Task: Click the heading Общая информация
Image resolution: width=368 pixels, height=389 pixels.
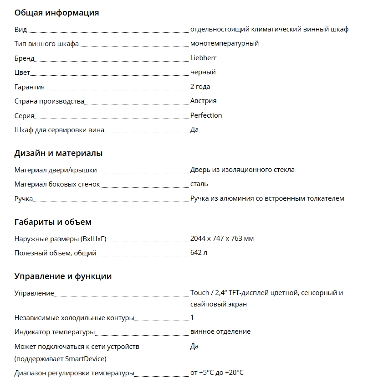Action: pyautogui.click(x=56, y=13)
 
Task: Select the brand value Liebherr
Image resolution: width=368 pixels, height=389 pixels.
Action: pyautogui.click(x=203, y=58)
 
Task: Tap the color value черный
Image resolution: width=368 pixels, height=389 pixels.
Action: pyautogui.click(x=203, y=72)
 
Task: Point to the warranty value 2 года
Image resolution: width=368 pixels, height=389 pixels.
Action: pyautogui.click(x=200, y=87)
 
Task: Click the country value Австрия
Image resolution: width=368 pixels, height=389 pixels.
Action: pyautogui.click(x=203, y=101)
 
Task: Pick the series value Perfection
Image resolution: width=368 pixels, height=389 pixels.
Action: pyautogui.click(x=206, y=115)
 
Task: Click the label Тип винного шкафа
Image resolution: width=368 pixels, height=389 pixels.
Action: pyautogui.click(x=46, y=44)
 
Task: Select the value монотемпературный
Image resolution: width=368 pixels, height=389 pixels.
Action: pyautogui.click(x=225, y=43)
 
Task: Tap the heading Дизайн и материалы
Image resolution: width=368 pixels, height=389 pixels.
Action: pyautogui.click(x=58, y=153)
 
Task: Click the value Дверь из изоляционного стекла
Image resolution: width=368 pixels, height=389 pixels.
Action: pyautogui.click(x=242, y=170)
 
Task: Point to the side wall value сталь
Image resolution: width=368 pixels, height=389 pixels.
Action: pyautogui.click(x=199, y=184)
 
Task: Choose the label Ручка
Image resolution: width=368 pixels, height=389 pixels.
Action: pyautogui.click(x=24, y=199)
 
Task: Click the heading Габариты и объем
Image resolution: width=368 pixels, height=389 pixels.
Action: pyautogui.click(x=53, y=222)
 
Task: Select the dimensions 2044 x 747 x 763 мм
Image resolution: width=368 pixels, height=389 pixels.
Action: pyautogui.click(x=222, y=239)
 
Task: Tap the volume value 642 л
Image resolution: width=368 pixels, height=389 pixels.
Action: pyautogui.click(x=199, y=253)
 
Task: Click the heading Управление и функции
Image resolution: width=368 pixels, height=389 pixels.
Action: pyautogui.click(x=63, y=276)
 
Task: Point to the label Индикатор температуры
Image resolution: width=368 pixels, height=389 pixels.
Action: pyautogui.click(x=55, y=332)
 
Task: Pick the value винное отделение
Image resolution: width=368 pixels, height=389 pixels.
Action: pyautogui.click(x=220, y=332)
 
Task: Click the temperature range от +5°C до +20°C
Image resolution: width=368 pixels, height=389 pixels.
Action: pyautogui.click(x=217, y=373)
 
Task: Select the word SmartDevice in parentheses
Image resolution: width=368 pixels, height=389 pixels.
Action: pyautogui.click(x=85, y=359)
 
